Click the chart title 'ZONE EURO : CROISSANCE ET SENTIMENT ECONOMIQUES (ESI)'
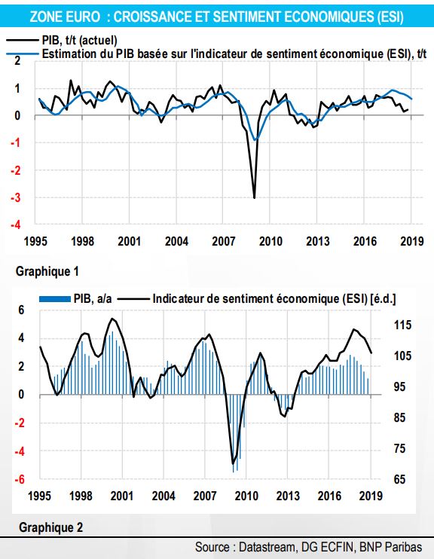pos(216,17)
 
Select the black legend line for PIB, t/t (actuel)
pos(22,40)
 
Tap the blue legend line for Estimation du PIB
pos(22,54)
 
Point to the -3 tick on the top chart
pos(15,198)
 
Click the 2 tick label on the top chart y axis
pos(17,60)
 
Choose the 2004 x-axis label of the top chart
pos(176,241)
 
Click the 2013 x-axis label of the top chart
pos(318,241)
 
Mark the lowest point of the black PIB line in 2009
pos(254,198)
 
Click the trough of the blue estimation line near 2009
pos(255,140)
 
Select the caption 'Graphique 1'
pos(47,272)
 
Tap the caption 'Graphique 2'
pos(50,527)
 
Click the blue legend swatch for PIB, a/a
pos(55,299)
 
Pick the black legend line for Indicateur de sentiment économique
pos(133,299)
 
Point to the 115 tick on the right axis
pos(402,325)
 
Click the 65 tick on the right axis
pos(400,479)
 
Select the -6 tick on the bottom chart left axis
pos(20,479)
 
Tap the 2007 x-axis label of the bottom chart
pos(205,496)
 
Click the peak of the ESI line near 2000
pos(112,319)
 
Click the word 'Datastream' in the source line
pos(267,547)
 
